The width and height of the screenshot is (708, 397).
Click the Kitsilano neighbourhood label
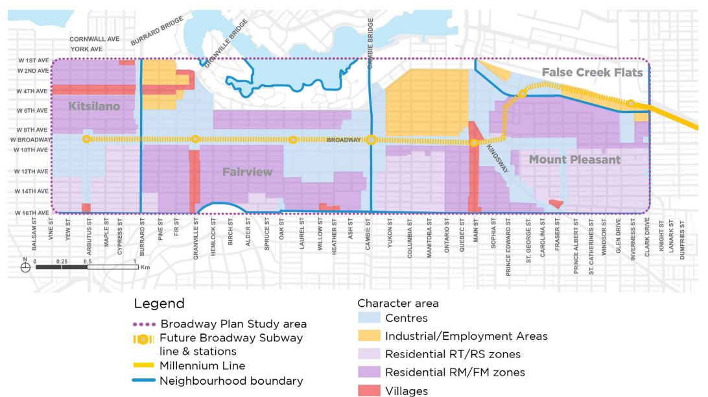[x=94, y=106]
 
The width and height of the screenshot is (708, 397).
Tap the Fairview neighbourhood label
[x=247, y=172]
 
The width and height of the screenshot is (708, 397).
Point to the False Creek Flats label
[x=592, y=72]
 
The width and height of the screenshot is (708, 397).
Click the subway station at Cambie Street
[x=371, y=139]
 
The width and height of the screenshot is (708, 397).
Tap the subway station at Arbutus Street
[x=86, y=139]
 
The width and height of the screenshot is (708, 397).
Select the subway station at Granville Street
[x=195, y=139]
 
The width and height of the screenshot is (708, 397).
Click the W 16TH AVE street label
[x=32, y=213]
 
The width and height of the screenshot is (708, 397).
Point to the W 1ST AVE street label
[x=34, y=61]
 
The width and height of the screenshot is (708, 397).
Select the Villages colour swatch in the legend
[x=370, y=391]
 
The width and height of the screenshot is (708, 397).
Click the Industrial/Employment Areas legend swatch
[x=370, y=336]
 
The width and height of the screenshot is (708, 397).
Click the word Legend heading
[x=159, y=304]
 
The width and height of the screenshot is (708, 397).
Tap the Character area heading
[x=398, y=303]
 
